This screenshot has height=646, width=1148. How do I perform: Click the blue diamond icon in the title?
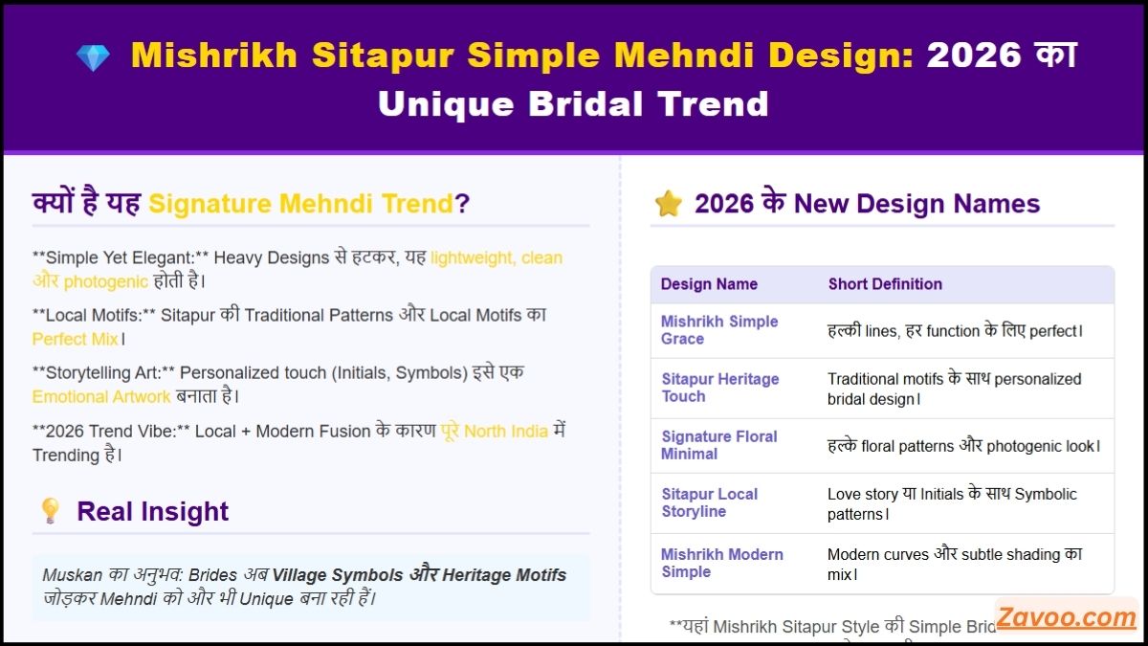click(x=93, y=57)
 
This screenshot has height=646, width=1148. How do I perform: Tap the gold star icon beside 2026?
click(x=668, y=203)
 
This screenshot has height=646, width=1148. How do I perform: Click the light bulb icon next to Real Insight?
click(x=50, y=511)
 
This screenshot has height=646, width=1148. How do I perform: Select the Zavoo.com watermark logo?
click(x=1066, y=617)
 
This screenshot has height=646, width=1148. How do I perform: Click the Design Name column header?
click(x=709, y=284)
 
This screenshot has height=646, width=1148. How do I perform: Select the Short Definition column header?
click(x=885, y=284)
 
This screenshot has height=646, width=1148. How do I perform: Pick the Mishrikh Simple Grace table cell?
click(x=719, y=330)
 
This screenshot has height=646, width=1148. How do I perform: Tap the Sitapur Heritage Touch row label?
click(x=719, y=388)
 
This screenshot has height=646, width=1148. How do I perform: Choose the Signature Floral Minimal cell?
click(x=718, y=445)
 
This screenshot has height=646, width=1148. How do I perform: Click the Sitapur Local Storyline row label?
click(x=709, y=502)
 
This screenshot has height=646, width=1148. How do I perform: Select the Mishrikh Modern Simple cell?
click(x=721, y=563)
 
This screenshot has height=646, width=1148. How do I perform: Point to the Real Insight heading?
click(x=153, y=511)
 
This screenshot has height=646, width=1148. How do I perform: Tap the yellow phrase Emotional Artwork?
click(x=101, y=396)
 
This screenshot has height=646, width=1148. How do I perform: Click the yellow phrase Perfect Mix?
click(x=76, y=339)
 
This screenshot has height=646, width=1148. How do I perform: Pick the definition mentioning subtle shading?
click(x=954, y=564)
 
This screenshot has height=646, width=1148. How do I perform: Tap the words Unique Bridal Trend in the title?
click(x=573, y=103)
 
